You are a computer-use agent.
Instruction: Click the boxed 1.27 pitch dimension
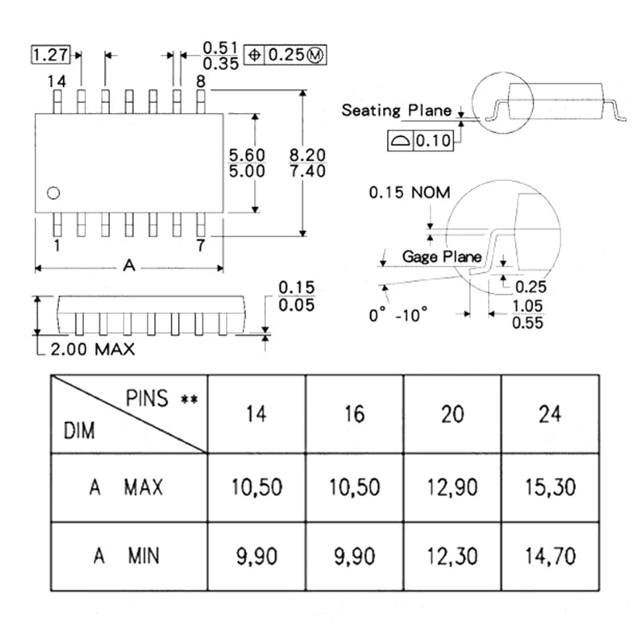pos(50,55)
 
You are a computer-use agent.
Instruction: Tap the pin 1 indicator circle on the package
pos(53,192)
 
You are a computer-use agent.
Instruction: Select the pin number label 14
pos(56,81)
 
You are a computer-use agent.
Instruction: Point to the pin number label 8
pos(201,81)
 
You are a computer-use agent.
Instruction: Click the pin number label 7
pos(201,245)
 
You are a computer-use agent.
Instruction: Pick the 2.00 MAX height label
pos(92,349)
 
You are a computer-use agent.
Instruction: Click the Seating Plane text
pos(396,110)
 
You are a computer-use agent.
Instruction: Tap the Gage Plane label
pos(441,256)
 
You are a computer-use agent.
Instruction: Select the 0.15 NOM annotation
pos(408,193)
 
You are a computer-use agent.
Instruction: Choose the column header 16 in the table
pos(355,414)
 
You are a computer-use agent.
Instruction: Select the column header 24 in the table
pos(549,414)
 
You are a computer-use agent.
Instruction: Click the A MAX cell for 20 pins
pos(452,487)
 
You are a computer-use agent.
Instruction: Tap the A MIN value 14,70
pos(549,555)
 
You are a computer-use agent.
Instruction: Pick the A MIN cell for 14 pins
pos(256,555)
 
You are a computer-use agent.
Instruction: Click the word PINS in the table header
pos(147,398)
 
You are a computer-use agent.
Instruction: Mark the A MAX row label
pos(128,487)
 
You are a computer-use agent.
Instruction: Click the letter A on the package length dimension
pos(129,266)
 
